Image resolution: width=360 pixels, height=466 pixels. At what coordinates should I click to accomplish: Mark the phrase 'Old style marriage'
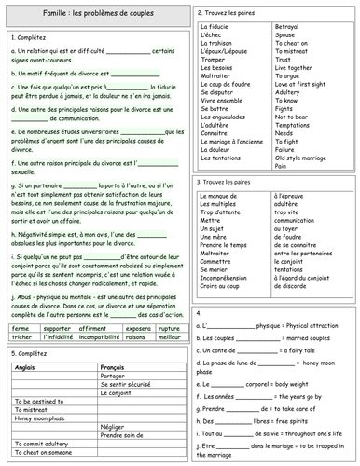(305, 157)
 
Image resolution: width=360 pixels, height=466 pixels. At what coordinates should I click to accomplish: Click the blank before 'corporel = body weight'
(232, 382)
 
